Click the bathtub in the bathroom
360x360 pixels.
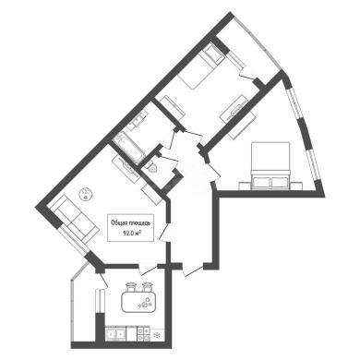click(128, 148)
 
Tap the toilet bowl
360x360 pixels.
click(151, 168)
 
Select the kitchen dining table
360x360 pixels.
click(138, 302)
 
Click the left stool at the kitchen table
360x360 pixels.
click(130, 287)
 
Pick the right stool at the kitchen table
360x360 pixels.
click(147, 287)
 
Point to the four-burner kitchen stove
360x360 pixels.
click(143, 334)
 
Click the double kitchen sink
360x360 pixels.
click(115, 334)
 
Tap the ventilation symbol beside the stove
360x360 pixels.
click(158, 334)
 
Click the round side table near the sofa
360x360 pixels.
click(86, 195)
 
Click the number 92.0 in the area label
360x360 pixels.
click(127, 234)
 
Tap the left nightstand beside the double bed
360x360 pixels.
click(246, 186)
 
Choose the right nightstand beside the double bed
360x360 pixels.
click(296, 186)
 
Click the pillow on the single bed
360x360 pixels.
click(213, 54)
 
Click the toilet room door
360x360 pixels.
click(169, 160)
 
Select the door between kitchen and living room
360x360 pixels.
click(148, 269)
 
